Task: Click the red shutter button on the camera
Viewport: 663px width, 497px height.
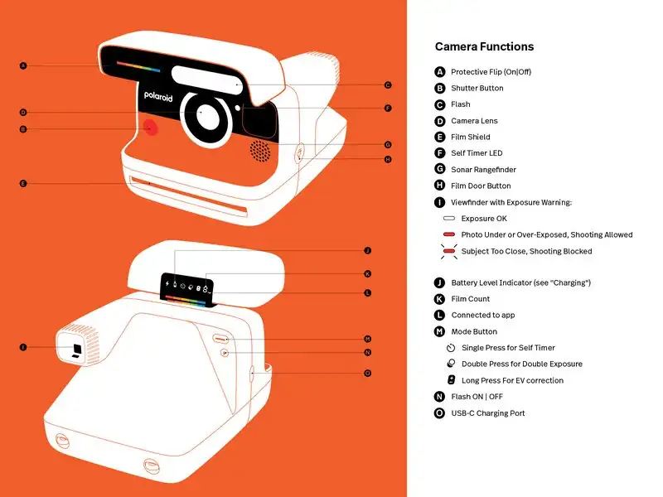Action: (150, 128)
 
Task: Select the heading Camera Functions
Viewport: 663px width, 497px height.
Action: (484, 47)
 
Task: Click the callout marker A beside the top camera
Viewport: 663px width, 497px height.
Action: (23, 65)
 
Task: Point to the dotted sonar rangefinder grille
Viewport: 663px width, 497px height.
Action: (260, 150)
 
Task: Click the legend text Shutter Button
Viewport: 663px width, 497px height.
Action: (477, 88)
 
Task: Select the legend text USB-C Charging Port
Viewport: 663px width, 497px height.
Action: (487, 413)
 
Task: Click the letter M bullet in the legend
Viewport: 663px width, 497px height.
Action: (440, 331)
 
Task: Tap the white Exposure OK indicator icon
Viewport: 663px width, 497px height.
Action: (449, 219)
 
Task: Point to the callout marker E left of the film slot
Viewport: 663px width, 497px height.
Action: (23, 183)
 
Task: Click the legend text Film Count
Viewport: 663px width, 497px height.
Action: (470, 299)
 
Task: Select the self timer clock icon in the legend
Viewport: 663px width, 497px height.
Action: (451, 348)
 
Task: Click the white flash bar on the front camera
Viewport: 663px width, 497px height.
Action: (207, 79)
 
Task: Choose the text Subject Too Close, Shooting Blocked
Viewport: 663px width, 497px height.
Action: (526, 251)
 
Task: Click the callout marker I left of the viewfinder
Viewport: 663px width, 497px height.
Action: (23, 348)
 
